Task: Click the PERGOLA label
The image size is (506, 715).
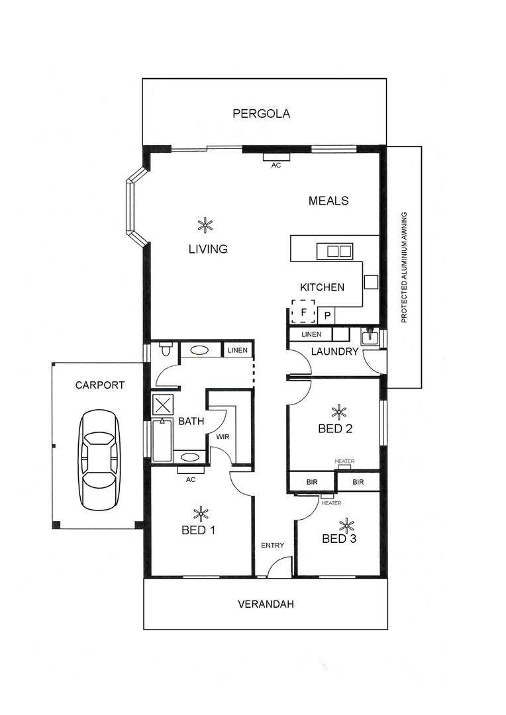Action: pyautogui.click(x=261, y=113)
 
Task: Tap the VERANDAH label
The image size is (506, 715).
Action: pyautogui.click(x=266, y=604)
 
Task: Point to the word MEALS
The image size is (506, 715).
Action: pyautogui.click(x=329, y=201)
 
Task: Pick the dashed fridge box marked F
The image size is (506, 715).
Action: pyautogui.click(x=303, y=311)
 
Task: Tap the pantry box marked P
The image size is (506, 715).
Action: pyautogui.click(x=327, y=316)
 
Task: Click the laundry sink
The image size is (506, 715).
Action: pyautogui.click(x=369, y=338)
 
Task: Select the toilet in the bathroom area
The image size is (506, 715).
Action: pyautogui.click(x=166, y=349)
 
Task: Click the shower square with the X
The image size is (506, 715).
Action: pyautogui.click(x=162, y=405)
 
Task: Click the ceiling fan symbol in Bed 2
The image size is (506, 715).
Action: pyautogui.click(x=339, y=412)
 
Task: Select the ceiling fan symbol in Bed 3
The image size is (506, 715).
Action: pyautogui.click(x=346, y=526)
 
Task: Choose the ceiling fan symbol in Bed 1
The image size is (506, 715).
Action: pyautogui.click(x=199, y=513)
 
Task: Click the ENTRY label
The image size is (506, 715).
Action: pyautogui.click(x=272, y=546)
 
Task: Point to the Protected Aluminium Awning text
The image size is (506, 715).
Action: pyautogui.click(x=404, y=267)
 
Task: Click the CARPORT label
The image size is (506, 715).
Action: pyautogui.click(x=99, y=385)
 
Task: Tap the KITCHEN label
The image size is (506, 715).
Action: pyautogui.click(x=322, y=287)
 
